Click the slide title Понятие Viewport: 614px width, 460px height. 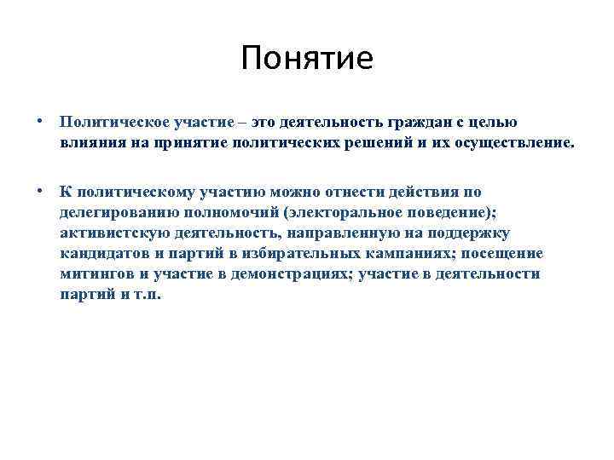click(307, 58)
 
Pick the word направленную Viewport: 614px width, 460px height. click(342, 233)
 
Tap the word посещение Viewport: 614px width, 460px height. click(502, 254)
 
